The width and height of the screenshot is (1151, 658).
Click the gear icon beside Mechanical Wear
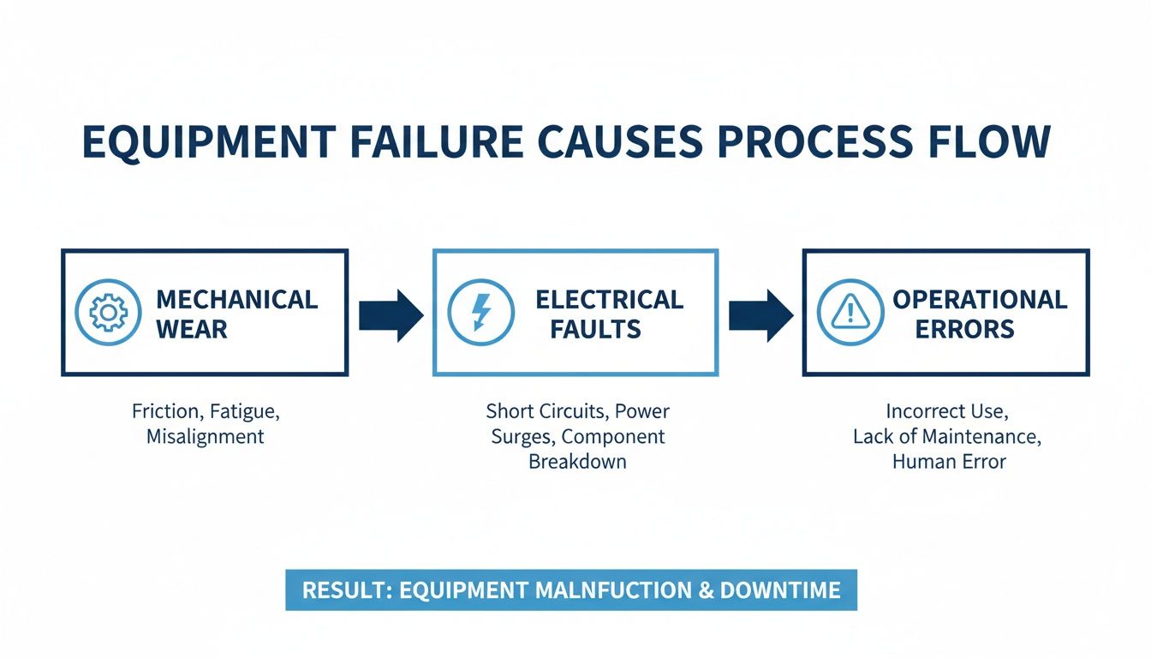click(x=108, y=313)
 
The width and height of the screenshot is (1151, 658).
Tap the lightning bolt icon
click(x=481, y=313)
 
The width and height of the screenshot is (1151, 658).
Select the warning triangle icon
click(x=850, y=313)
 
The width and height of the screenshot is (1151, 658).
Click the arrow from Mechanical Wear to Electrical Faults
click(x=391, y=315)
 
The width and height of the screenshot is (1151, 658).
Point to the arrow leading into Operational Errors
click(x=760, y=315)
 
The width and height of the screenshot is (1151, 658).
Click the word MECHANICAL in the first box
click(x=236, y=300)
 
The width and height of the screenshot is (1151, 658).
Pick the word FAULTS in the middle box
click(x=595, y=329)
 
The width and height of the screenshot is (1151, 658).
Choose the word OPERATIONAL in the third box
click(x=980, y=300)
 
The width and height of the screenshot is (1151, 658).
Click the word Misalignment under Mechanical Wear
click(x=206, y=436)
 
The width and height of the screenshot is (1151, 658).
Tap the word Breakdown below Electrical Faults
click(x=577, y=462)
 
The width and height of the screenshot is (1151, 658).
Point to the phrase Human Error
click(x=949, y=462)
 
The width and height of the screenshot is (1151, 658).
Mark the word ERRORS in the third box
click(x=964, y=329)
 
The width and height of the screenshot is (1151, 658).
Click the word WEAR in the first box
click(x=192, y=329)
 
